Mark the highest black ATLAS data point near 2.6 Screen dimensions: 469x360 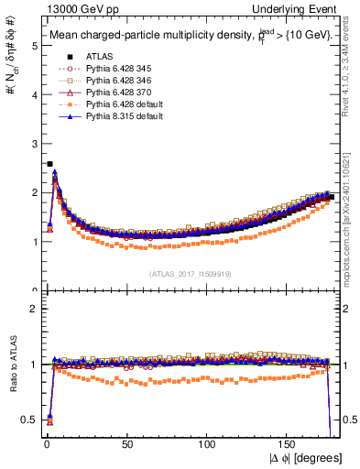pos(49,164)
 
